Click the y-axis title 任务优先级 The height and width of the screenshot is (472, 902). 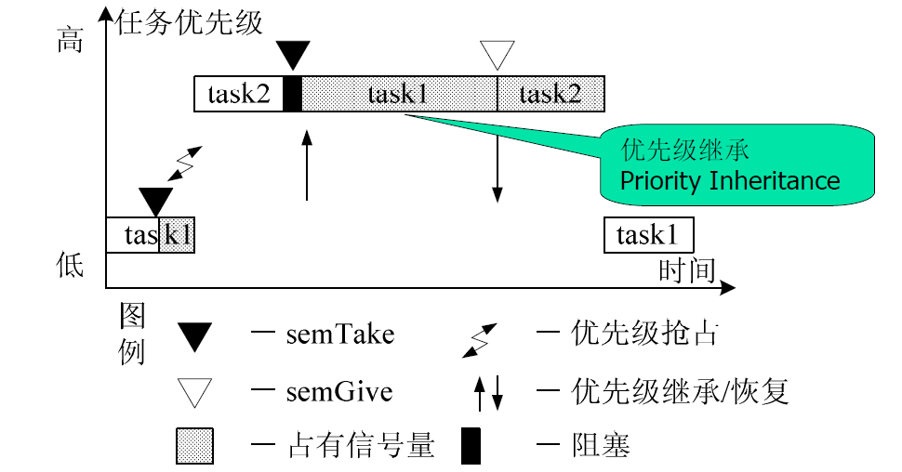(191, 21)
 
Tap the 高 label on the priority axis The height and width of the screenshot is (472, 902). (71, 41)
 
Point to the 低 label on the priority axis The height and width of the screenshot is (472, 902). (71, 267)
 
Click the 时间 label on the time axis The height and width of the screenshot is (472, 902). (687, 270)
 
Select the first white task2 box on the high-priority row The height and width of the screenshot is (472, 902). (238, 94)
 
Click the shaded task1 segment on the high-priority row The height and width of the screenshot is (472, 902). (399, 94)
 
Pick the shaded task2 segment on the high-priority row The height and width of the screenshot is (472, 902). (550, 94)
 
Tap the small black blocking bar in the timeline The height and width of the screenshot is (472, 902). (292, 94)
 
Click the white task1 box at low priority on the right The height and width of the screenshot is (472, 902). (648, 236)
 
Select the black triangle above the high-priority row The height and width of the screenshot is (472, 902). (292, 54)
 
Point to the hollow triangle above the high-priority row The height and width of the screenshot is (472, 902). (497, 54)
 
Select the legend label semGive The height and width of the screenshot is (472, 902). (339, 391)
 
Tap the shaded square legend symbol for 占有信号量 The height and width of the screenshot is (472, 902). (194, 445)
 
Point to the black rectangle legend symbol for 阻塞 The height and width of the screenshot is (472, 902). (472, 445)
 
